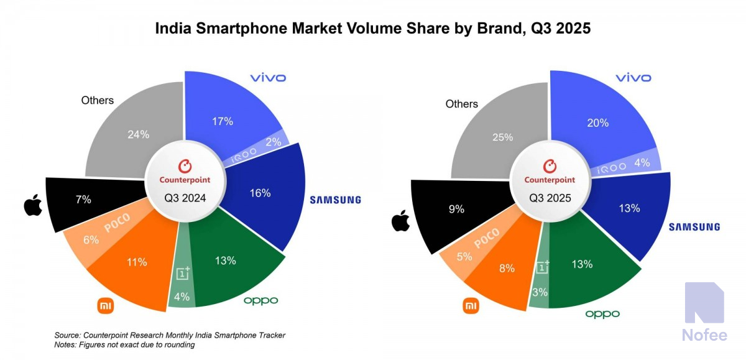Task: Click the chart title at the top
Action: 372,29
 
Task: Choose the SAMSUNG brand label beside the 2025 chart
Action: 694,227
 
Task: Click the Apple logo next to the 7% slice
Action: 33,205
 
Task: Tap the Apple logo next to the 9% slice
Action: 400,221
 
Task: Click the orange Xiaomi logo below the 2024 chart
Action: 105,305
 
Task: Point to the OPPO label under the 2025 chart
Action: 602,313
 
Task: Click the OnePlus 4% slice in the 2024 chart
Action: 183,286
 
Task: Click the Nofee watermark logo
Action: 704,303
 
